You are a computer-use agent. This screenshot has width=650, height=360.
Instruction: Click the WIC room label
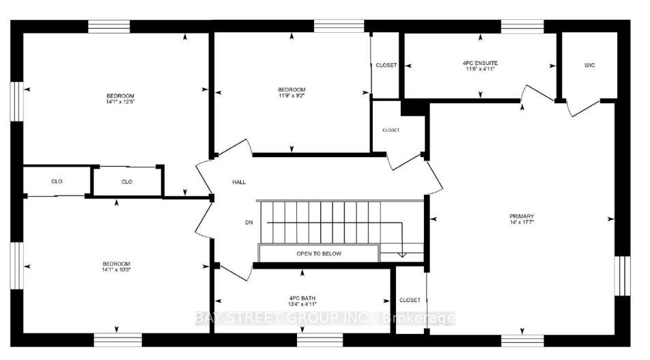click(590, 66)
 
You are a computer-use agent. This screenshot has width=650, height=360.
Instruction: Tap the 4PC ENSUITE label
click(479, 63)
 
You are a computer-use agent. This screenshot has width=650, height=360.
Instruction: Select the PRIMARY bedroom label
click(521, 217)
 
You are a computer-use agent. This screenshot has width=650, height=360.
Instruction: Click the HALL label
click(238, 182)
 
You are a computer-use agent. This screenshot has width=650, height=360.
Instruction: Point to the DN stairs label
click(249, 222)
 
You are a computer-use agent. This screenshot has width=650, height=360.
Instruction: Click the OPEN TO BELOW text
click(319, 253)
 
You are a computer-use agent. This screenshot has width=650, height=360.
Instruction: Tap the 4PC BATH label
click(302, 298)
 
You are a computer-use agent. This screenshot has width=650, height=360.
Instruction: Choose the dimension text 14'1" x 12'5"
click(120, 102)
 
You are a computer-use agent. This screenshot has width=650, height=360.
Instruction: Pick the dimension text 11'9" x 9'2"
click(292, 97)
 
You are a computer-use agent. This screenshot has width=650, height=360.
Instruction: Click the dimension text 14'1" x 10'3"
click(117, 270)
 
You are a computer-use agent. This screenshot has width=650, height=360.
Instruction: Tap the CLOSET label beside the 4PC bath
click(410, 300)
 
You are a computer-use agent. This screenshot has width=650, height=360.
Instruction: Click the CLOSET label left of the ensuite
click(386, 66)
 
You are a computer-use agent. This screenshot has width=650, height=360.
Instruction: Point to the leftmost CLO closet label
click(57, 182)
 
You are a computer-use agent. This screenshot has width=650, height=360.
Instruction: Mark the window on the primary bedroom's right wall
click(622, 275)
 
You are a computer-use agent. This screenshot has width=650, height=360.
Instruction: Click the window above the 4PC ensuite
click(522, 27)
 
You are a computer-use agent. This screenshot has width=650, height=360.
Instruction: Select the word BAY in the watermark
click(209, 318)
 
